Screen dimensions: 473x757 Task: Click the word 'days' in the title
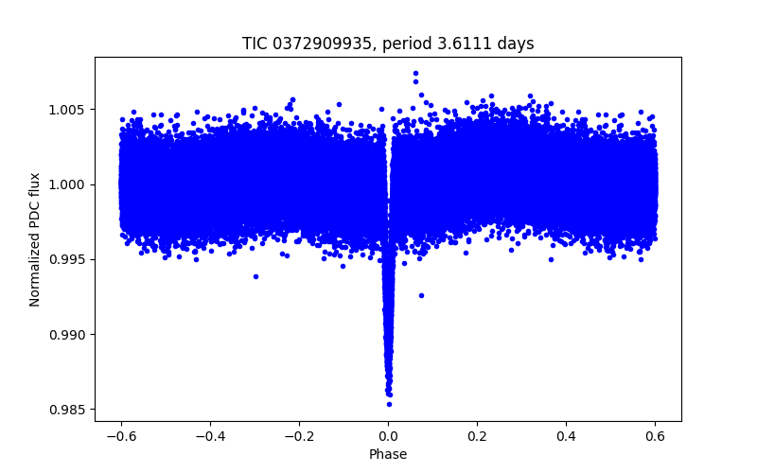pyautogui.click(x=513, y=44)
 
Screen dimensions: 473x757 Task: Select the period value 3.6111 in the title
pyautogui.click(x=457, y=44)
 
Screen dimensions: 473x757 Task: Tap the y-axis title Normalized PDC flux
pyautogui.click(x=35, y=239)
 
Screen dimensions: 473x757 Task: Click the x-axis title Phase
pyautogui.click(x=388, y=454)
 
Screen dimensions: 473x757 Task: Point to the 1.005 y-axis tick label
pyautogui.click(x=69, y=110)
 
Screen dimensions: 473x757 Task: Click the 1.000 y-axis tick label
pyautogui.click(x=69, y=184)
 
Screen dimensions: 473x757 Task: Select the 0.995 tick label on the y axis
pyautogui.click(x=69, y=259)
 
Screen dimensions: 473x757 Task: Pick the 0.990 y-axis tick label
pyautogui.click(x=69, y=335)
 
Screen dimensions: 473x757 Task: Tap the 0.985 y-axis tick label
pyautogui.click(x=69, y=410)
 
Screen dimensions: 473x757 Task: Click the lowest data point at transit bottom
pyautogui.click(x=389, y=404)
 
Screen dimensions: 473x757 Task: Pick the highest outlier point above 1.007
pyautogui.click(x=415, y=73)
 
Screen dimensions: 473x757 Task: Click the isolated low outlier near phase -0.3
pyautogui.click(x=255, y=276)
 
